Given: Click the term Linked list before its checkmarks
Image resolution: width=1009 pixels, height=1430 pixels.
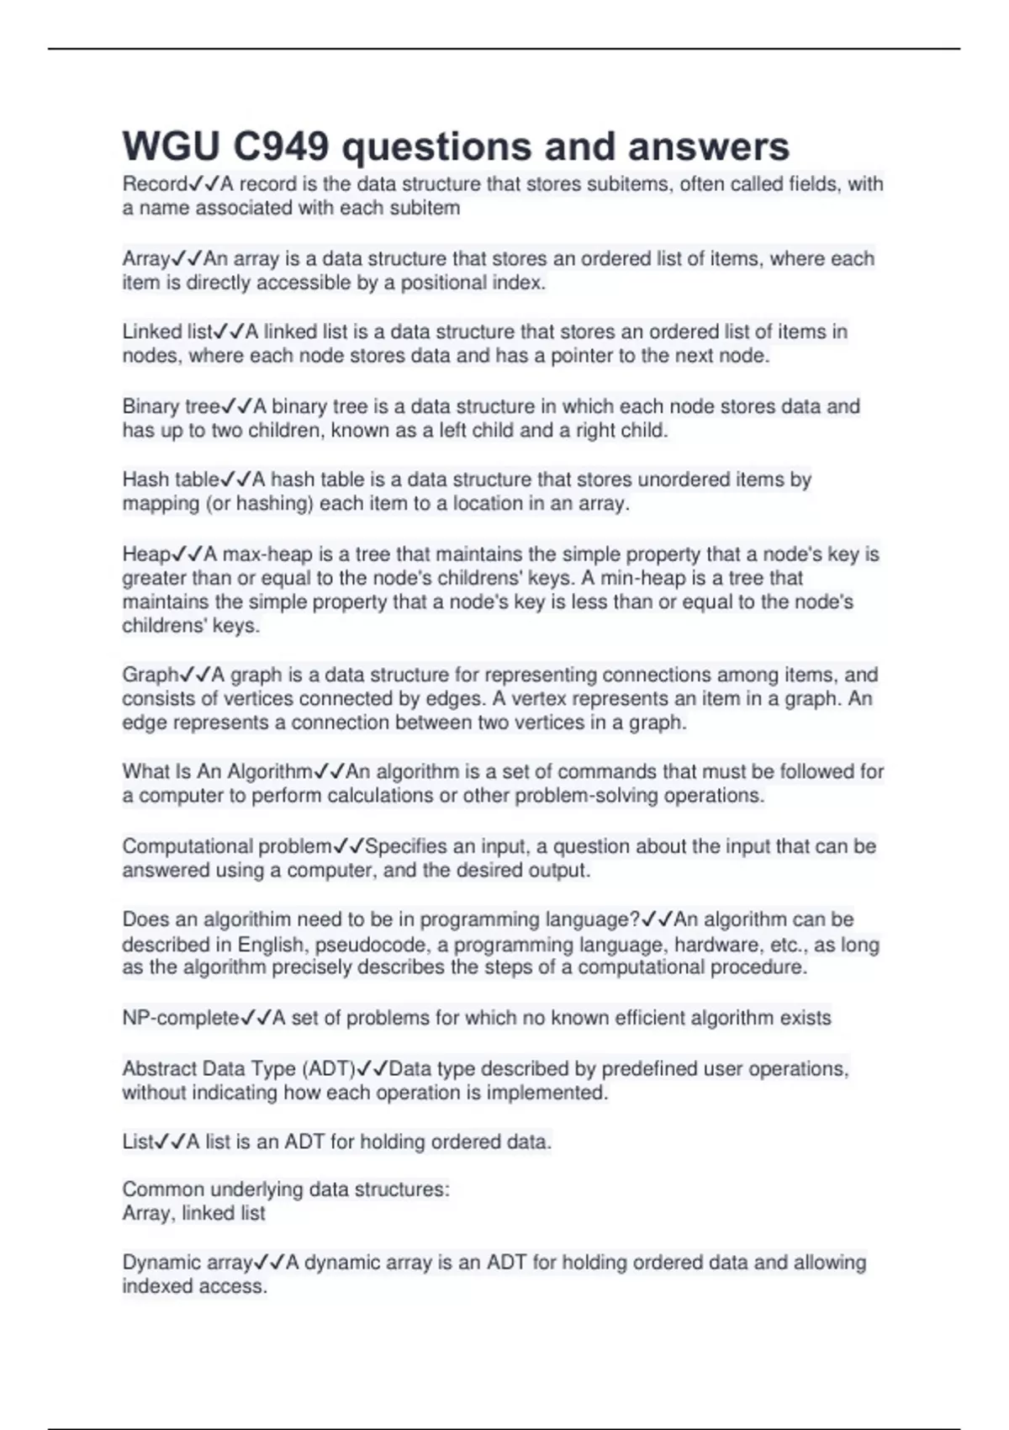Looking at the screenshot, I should pos(167,332).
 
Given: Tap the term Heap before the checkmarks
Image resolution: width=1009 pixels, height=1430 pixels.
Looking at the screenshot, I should pos(146,555).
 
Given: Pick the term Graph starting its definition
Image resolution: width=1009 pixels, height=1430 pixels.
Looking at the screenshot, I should pos(151,675).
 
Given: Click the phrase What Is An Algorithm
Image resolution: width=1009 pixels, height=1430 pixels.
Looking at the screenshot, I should pos(217,772).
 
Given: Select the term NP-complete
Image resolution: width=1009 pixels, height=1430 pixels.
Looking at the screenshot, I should pos(181,1019).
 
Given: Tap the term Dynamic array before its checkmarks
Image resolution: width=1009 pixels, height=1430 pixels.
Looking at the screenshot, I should pos(187,1263).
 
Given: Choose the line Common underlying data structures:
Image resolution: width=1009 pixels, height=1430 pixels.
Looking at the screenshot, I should pos(286,1189).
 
